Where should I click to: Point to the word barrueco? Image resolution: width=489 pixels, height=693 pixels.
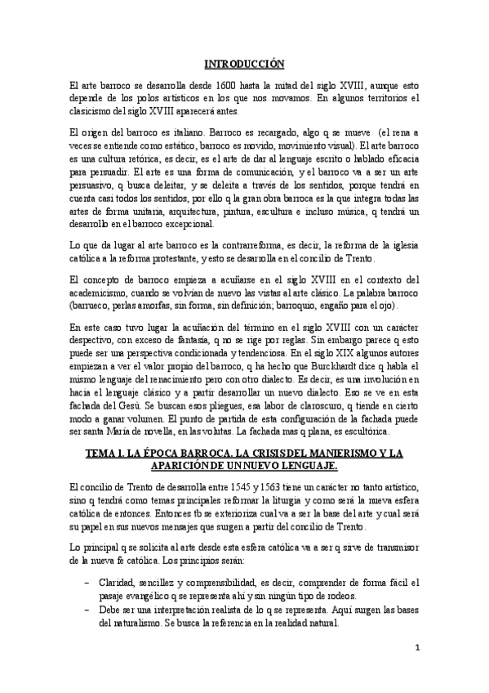93,307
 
